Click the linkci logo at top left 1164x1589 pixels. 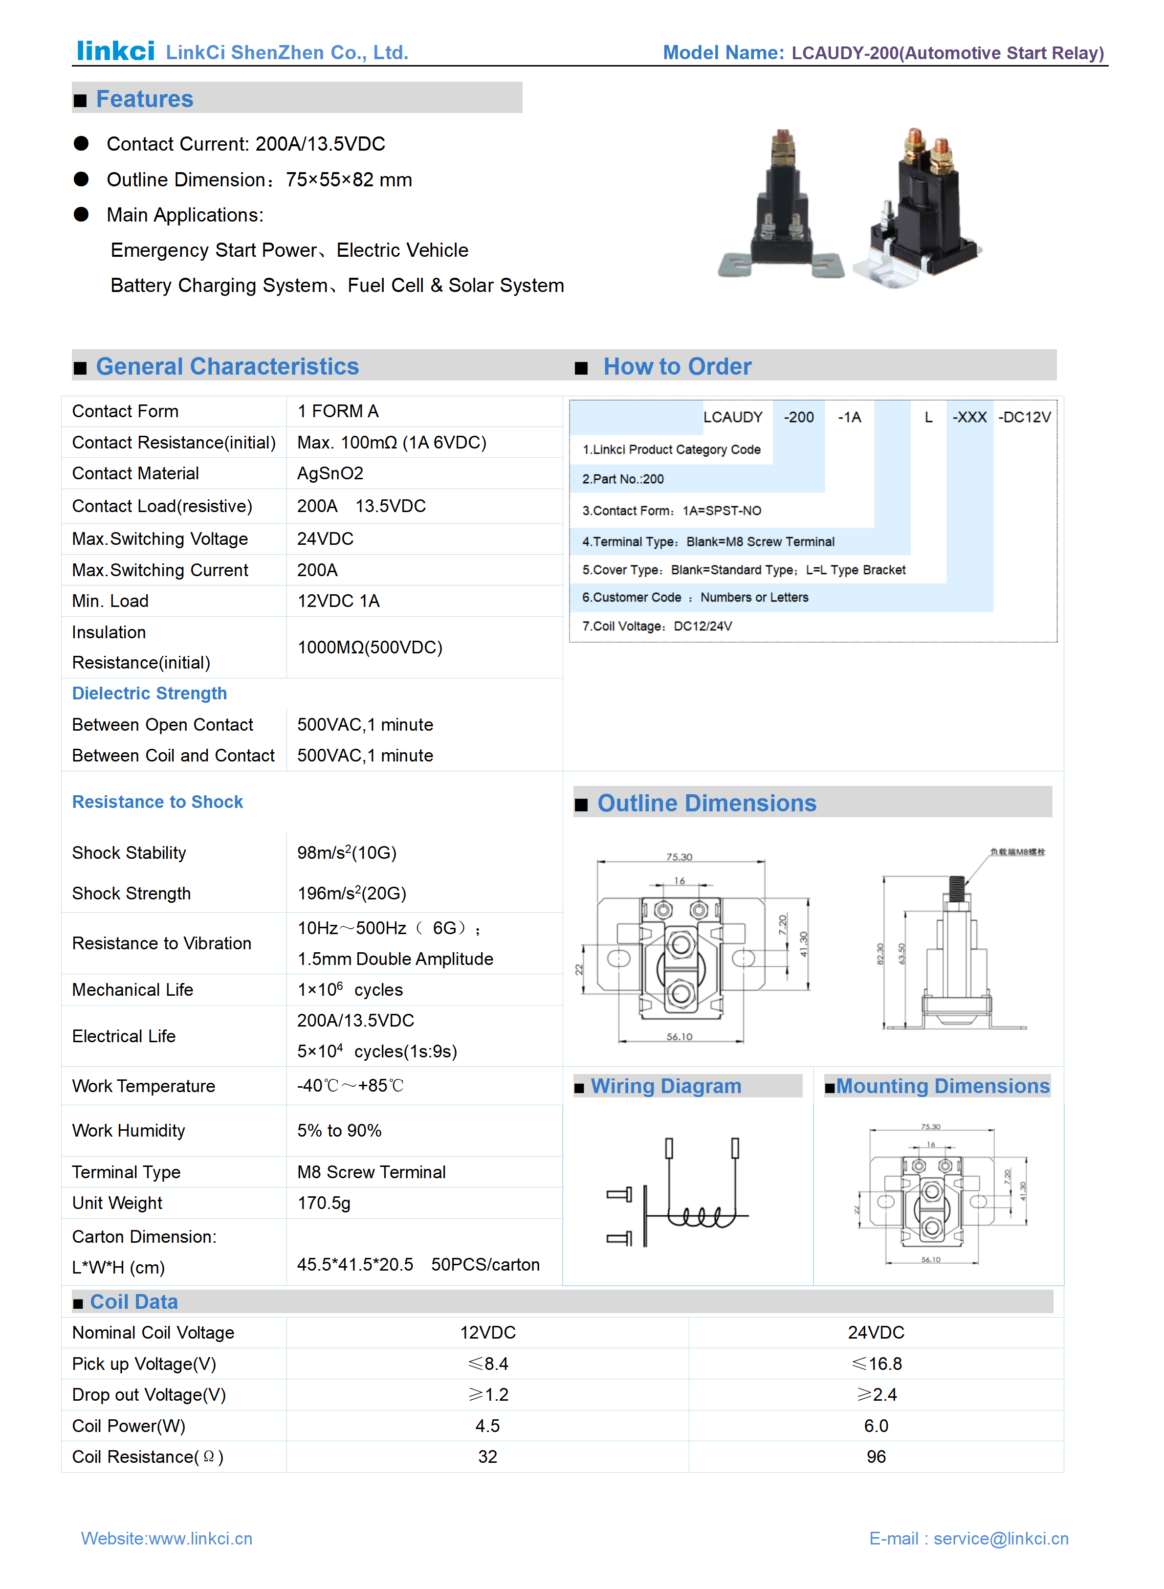click(115, 51)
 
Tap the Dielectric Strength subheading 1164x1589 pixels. click(150, 693)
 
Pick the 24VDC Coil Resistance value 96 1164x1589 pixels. click(876, 1456)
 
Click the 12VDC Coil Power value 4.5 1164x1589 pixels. click(487, 1426)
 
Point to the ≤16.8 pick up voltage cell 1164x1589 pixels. click(876, 1364)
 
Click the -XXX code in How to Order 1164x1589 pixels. click(969, 417)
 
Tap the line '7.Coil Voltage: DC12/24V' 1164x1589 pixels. click(657, 626)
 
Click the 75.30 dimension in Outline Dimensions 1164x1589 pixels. click(679, 857)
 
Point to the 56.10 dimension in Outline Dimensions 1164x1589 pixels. click(679, 1037)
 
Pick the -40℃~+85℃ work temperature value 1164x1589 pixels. click(350, 1086)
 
